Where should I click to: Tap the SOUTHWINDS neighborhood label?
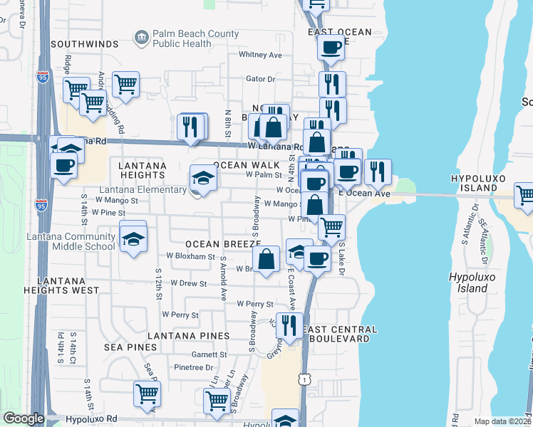[84, 44]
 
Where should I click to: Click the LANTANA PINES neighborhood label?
[188, 335]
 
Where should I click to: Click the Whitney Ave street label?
[261, 55]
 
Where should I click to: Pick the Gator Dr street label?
[260, 79]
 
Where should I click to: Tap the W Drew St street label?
[186, 283]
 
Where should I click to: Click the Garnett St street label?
[209, 354]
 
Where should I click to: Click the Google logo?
[23, 418]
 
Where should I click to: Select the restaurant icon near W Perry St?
[289, 325]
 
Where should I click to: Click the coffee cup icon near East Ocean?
[331, 48]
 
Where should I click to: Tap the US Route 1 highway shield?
[305, 381]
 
